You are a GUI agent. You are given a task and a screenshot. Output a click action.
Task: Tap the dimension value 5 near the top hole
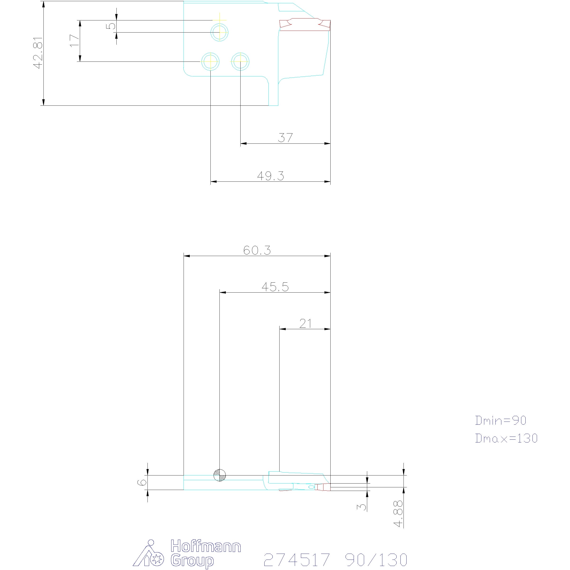click(111, 26)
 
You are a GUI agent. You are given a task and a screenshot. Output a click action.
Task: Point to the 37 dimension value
click(285, 138)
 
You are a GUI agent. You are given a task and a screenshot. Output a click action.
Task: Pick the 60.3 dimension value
click(257, 250)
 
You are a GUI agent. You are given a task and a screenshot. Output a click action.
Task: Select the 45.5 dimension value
click(275, 286)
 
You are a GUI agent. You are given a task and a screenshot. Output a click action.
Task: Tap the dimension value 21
click(305, 324)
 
